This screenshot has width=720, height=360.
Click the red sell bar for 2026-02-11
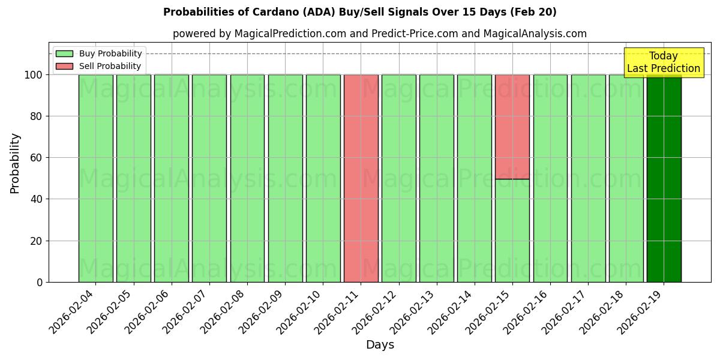click(361, 178)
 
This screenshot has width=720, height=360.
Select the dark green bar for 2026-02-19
click(664, 178)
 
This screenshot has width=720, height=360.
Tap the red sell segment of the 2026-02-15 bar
click(512, 127)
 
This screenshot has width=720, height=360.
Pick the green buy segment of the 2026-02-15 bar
click(512, 230)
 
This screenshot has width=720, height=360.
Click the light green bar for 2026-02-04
click(95, 178)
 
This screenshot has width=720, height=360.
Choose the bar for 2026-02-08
click(247, 178)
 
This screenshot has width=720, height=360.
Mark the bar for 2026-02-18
click(626, 178)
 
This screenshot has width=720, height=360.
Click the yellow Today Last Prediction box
click(663, 62)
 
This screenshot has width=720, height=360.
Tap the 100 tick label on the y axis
click(33, 75)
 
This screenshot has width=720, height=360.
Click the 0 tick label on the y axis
click(40, 282)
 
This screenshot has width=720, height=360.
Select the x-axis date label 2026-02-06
click(147, 312)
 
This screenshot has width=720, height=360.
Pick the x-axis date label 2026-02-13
click(412, 312)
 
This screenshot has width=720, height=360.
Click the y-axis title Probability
click(15, 163)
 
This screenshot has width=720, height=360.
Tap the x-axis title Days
click(380, 345)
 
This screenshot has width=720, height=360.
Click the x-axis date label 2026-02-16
click(526, 312)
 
